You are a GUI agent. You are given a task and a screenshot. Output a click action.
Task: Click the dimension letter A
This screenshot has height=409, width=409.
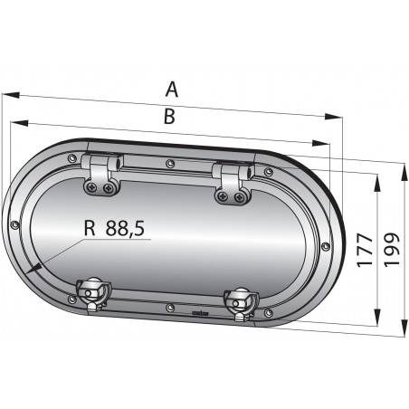point(172,89)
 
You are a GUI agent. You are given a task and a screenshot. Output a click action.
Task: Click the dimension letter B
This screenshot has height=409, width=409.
point(168,115)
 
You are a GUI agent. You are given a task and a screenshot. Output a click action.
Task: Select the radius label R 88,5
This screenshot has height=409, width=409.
point(113,230)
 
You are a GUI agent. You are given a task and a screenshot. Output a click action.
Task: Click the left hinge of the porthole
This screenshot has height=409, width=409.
point(99,174)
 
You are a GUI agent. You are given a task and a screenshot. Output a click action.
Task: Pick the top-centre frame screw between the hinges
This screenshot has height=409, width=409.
point(170,164)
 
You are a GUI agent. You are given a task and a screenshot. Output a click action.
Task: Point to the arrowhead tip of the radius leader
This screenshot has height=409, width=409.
point(31,270)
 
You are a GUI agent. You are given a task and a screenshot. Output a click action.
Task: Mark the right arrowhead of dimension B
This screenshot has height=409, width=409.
point(319,143)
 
